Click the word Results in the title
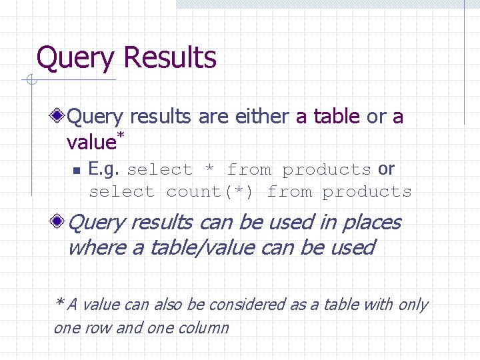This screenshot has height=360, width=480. point(169,57)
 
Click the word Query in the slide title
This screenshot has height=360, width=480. point(75,59)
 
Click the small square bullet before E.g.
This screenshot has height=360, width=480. point(76,171)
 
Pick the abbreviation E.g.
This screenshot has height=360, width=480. point(105,170)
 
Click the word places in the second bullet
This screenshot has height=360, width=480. point(371,222)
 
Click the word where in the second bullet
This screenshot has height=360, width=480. point(95,247)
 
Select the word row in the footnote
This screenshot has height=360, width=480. point(99,328)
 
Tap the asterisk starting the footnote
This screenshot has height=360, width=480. point(59,303)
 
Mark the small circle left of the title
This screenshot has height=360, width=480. point(30,81)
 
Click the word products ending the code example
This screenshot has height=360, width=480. point(367,192)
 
